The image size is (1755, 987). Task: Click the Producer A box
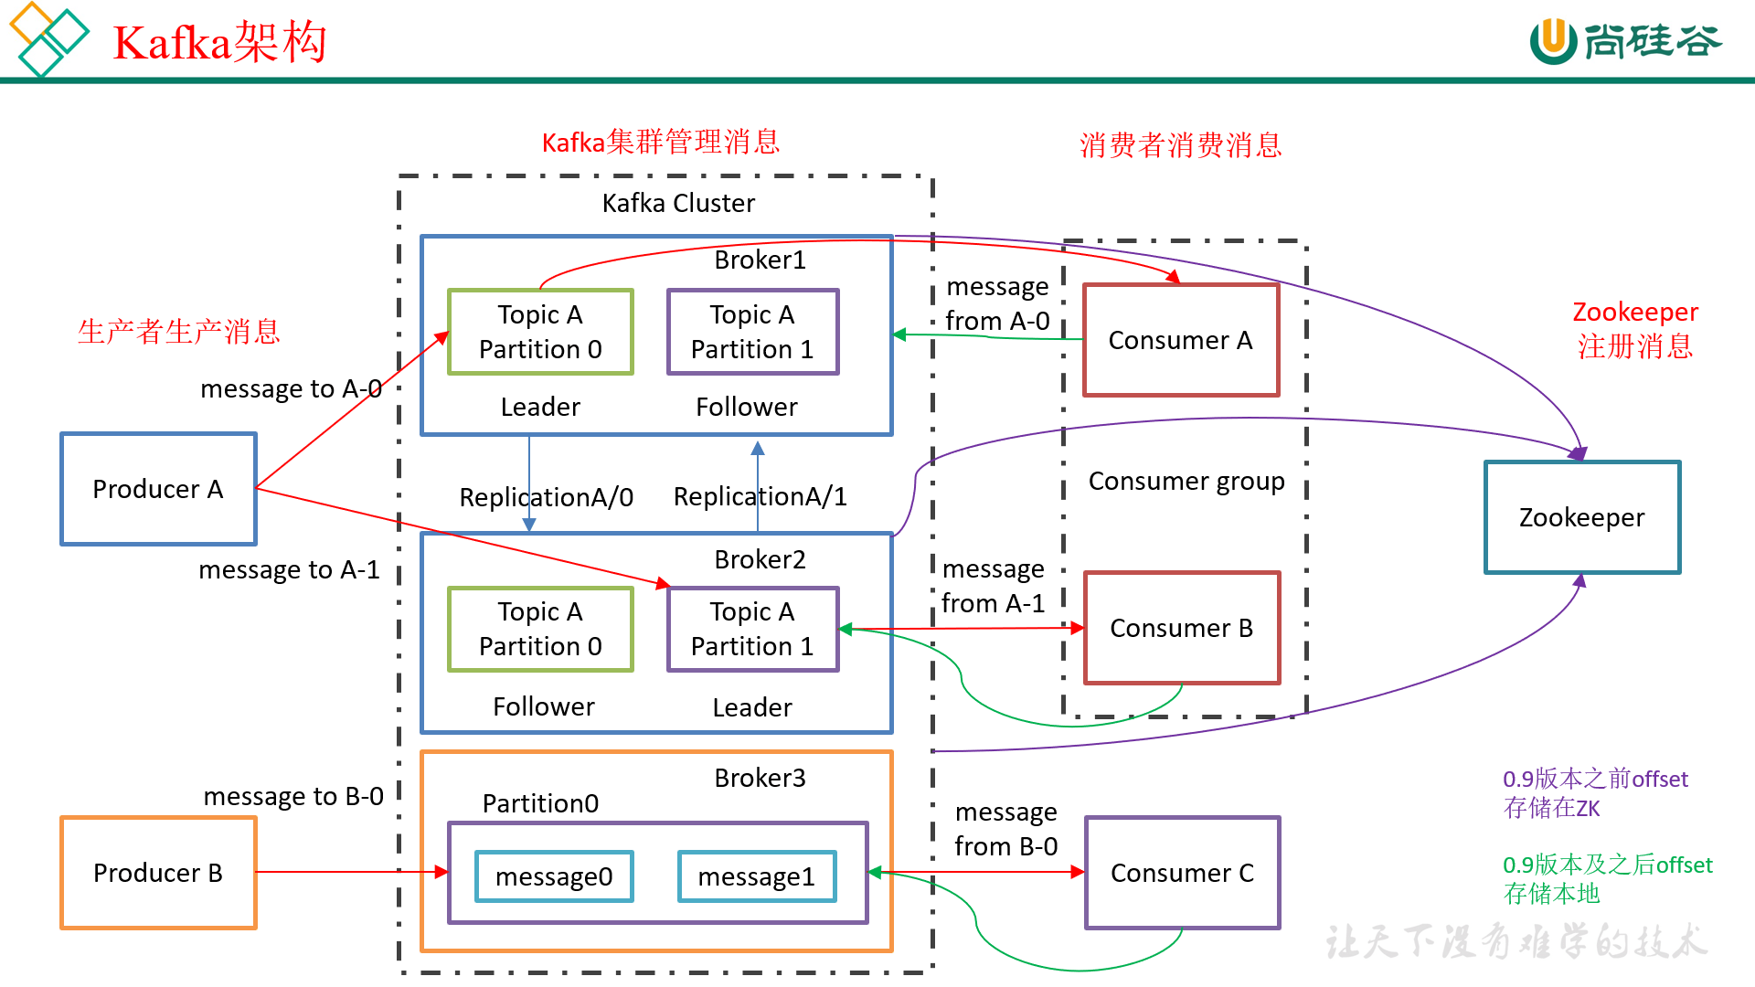(x=158, y=489)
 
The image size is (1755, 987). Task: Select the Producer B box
(x=158, y=873)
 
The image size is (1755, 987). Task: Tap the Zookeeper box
(x=1582, y=517)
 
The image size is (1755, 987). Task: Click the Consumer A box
(x=1181, y=340)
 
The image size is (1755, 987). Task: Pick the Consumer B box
(x=1182, y=628)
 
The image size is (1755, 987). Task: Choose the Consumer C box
(x=1182, y=873)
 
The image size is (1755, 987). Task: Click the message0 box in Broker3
(x=554, y=876)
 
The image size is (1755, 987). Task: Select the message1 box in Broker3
(x=757, y=876)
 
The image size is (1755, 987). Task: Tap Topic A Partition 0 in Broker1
(x=540, y=332)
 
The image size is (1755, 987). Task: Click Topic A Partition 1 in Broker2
(x=752, y=629)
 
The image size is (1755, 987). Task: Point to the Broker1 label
(x=760, y=260)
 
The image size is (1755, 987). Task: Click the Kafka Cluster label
(x=678, y=203)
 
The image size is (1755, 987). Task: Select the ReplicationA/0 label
(x=546, y=497)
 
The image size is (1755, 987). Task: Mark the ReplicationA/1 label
(x=760, y=496)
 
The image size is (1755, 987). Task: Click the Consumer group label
(x=1186, y=481)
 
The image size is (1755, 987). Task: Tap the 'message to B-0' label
(x=293, y=796)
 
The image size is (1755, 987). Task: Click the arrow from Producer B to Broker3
(x=347, y=872)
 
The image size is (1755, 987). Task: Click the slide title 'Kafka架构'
(x=219, y=42)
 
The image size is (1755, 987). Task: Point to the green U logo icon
(x=1553, y=41)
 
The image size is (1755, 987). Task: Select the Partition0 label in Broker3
(x=540, y=803)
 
